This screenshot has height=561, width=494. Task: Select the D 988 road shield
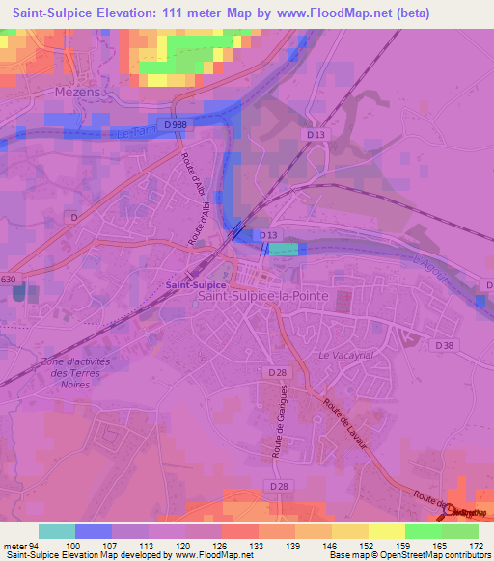[176, 125]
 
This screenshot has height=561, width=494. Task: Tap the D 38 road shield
[444, 345]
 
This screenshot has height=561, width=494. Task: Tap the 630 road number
[9, 280]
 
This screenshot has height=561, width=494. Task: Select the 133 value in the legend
[259, 545]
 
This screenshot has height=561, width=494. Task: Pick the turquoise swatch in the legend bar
[56, 531]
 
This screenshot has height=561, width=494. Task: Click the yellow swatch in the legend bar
[386, 531]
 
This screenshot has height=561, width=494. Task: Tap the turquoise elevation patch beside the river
[283, 250]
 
